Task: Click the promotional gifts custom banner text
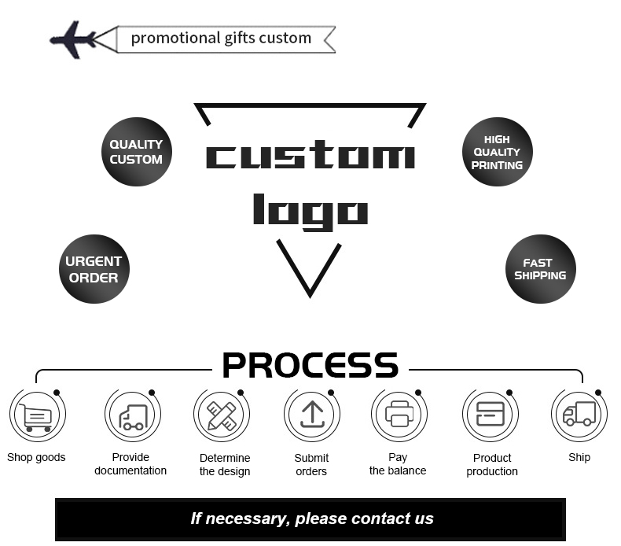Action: click(221, 38)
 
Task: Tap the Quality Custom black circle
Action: click(136, 152)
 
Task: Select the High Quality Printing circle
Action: click(497, 152)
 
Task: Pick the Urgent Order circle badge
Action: click(94, 269)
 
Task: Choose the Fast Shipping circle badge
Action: click(540, 269)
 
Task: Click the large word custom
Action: click(310, 156)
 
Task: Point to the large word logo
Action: click(310, 211)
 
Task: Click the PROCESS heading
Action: click(310, 366)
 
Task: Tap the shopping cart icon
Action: click(36, 416)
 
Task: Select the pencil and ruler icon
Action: click(222, 415)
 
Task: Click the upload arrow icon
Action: click(312, 415)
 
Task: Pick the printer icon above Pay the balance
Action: click(399, 414)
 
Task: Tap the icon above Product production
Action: click(491, 414)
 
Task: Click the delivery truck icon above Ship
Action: click(579, 414)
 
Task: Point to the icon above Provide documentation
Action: click(132, 415)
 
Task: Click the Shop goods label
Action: click(36, 457)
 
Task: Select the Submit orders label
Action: click(311, 464)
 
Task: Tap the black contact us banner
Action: click(310, 519)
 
